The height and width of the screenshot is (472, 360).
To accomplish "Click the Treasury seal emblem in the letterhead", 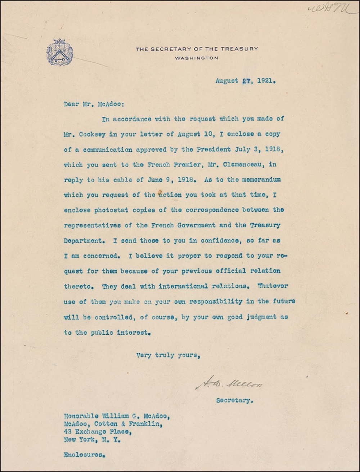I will pyautogui.click(x=60, y=52).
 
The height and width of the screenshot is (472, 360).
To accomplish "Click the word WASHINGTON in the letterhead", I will pyautogui.click(x=196, y=58).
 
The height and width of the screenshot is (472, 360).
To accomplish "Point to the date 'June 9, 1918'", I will pyautogui.click(x=168, y=180).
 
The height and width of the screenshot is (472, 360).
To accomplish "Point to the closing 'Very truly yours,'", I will pyautogui.click(x=167, y=355).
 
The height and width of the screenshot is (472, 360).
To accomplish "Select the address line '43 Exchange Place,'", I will pyautogui.click(x=95, y=432).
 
